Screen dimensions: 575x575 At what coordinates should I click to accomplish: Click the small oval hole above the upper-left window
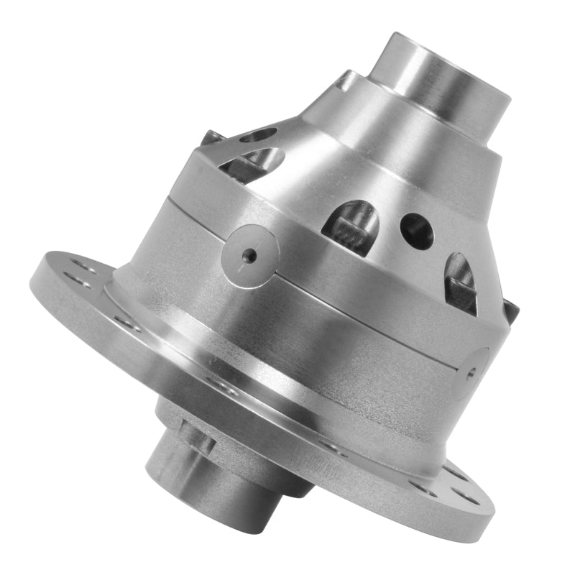[x=259, y=134]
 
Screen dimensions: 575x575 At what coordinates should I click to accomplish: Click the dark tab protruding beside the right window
[x=510, y=310]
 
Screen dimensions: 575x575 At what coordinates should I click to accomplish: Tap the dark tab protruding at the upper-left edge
[x=211, y=137]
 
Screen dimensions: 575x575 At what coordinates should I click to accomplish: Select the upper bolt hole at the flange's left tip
[x=79, y=267]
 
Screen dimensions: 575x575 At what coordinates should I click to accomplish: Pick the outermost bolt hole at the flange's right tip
[x=454, y=496]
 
